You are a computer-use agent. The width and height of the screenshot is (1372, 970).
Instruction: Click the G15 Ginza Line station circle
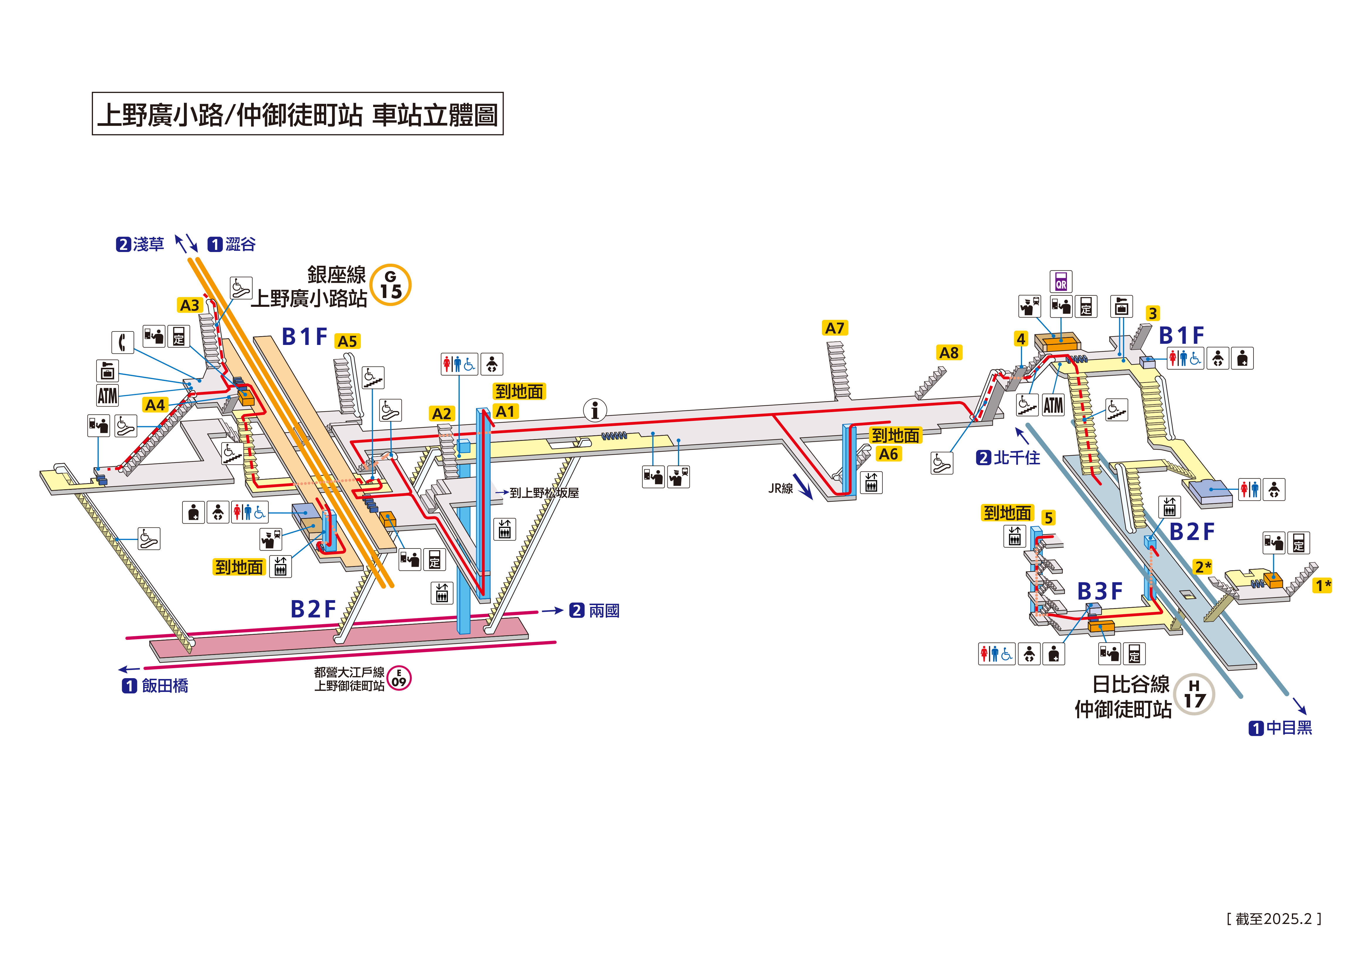[390, 285]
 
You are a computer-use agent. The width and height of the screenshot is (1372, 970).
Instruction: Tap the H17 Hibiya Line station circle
[1194, 695]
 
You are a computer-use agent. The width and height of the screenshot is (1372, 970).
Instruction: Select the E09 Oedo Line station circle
[399, 678]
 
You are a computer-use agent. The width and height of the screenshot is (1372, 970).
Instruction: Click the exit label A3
[190, 305]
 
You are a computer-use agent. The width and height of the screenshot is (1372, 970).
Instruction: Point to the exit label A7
[835, 328]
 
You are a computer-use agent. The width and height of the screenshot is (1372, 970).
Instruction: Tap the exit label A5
[347, 341]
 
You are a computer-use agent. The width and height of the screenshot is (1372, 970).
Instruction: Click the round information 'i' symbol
[595, 410]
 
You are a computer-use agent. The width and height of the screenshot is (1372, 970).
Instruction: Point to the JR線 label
[780, 488]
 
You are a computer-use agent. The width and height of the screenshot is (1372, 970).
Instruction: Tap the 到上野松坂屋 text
[544, 493]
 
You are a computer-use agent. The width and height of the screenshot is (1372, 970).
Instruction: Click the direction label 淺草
[148, 244]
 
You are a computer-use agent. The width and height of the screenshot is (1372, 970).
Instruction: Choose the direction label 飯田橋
[164, 685]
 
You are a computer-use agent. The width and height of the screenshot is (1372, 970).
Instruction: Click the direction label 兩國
[603, 611]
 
